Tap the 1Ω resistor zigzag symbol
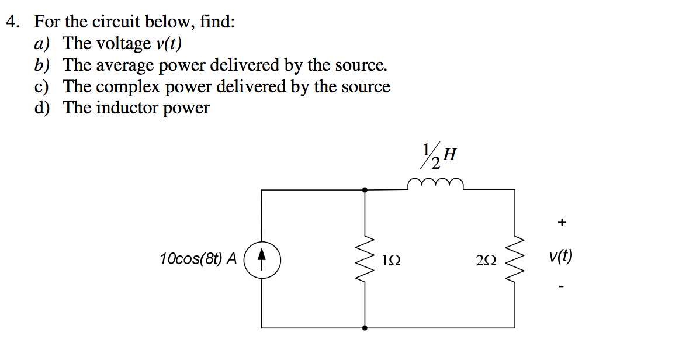365,259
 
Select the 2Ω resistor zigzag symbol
514,259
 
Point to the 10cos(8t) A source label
198,259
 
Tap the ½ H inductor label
438,156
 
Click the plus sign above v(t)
562,223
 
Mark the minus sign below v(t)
562,286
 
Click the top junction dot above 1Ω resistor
365,189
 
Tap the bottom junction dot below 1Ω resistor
365,328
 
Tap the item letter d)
42,108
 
